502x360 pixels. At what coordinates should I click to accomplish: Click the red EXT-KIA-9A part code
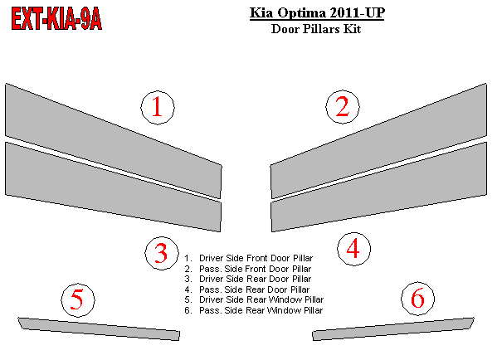pos(56,19)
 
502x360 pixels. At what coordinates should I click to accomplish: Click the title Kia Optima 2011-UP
pos(317,13)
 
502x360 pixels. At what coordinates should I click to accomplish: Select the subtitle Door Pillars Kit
pos(316,29)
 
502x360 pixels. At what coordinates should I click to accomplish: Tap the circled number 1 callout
pos(158,108)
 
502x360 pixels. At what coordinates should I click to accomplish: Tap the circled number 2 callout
pos(343,106)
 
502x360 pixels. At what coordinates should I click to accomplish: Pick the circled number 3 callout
pos(162,253)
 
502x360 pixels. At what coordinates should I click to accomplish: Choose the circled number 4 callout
pos(353,249)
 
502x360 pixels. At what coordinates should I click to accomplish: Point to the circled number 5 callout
pos(78,299)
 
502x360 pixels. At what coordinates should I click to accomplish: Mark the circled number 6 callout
pos(418,299)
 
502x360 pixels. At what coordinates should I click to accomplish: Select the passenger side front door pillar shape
pos(378,141)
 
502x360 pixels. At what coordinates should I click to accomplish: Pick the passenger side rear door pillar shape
pos(379,187)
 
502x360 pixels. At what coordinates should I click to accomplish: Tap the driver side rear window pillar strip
pos(99,329)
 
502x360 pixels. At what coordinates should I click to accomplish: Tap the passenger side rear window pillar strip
pos(393,329)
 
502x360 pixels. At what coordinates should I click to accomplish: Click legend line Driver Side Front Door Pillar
pos(248,258)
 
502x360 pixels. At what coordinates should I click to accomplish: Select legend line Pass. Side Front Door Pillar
pos(248,269)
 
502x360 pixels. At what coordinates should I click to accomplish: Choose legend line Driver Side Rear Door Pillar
pos(248,279)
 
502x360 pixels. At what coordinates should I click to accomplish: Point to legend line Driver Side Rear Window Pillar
pos(254,299)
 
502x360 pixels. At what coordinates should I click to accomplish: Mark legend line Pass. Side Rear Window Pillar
pos(254,310)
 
